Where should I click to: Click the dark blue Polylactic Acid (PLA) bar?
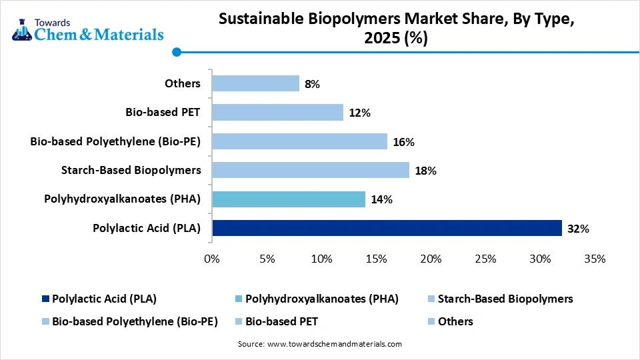[x=387, y=228]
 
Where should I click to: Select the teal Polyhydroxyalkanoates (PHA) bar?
[x=288, y=199]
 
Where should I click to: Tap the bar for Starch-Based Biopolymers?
[x=310, y=170]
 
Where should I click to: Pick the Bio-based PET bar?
[x=277, y=112]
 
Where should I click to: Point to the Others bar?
[x=255, y=83]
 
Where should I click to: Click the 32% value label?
[x=578, y=229]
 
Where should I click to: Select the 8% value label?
[x=312, y=84]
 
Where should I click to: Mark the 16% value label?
[x=403, y=142]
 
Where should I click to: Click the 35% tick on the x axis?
[x=594, y=259]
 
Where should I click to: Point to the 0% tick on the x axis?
[x=212, y=259]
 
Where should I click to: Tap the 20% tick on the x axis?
[x=431, y=259]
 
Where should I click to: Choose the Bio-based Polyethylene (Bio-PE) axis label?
[x=115, y=141]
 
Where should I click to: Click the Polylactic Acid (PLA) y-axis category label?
[x=147, y=228]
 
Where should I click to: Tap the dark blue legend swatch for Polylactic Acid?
[x=45, y=299]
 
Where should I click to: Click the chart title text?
[x=396, y=30]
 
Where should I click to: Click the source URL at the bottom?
[x=320, y=344]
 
